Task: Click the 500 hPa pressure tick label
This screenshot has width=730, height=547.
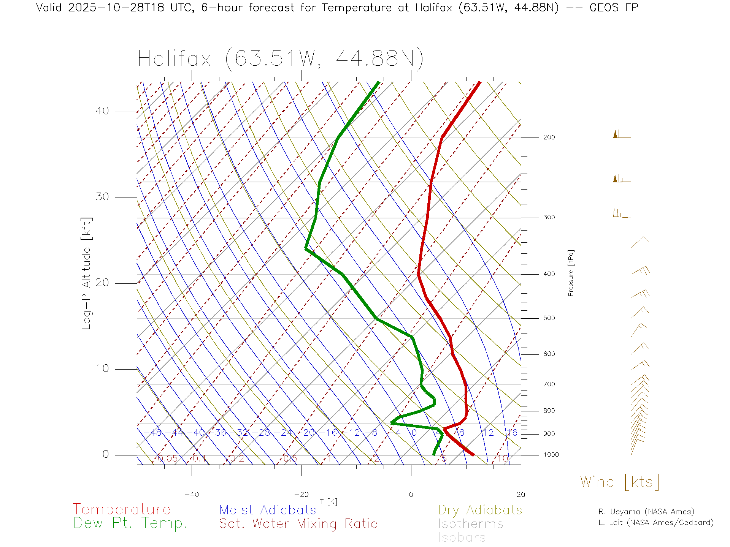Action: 549,318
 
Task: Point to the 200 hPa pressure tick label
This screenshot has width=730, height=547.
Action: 549,137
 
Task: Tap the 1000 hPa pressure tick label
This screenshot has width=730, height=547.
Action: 551,455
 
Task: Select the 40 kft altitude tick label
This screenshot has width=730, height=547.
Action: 102,111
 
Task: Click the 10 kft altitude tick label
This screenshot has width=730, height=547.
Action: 102,368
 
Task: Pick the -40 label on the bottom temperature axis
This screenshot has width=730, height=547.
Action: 192,495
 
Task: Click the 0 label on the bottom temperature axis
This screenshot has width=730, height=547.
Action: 411,495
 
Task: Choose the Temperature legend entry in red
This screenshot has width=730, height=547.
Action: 121,509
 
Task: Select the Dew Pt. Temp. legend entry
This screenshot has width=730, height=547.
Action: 130,523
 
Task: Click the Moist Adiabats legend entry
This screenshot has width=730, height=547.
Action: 268,510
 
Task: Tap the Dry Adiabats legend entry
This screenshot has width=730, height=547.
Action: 480,510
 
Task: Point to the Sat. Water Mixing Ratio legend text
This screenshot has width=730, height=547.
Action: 298,524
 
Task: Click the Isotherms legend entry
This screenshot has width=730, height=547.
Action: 470,524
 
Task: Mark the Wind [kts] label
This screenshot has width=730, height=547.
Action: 619,482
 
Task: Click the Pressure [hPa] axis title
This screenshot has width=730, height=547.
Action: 571,273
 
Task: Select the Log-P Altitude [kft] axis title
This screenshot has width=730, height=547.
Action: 87,273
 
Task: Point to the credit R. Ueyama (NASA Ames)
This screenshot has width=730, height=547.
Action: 646,512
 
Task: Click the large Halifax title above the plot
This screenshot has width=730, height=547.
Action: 280,59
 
